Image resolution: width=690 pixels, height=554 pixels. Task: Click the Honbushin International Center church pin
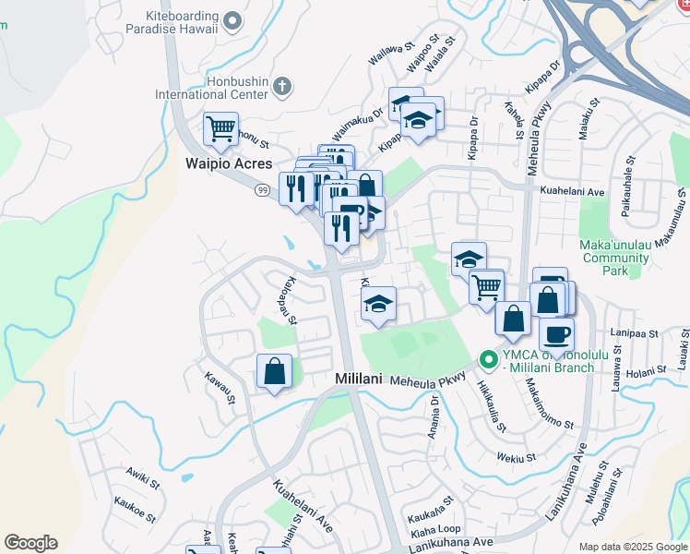pos(282,88)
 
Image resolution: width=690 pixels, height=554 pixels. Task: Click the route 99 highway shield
pos(263,189)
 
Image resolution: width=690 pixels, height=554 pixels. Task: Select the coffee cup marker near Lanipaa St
pos(556,334)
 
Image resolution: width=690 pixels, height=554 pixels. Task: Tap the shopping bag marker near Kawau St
pos(275,371)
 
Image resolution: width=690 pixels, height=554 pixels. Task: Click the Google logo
pos(30,543)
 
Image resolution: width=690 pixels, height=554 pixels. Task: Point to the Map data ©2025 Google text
pos(632,547)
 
